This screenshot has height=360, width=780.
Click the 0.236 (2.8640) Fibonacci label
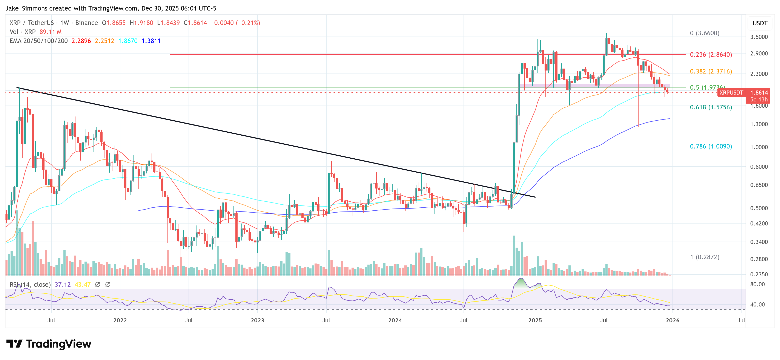(711, 55)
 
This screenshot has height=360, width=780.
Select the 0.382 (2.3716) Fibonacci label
(711, 71)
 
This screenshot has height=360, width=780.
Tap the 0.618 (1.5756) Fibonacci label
(711, 107)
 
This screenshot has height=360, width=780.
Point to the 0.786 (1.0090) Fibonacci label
(711, 146)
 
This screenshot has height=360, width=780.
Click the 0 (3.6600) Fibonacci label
(704, 33)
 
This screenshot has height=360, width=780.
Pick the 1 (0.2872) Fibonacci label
(704, 257)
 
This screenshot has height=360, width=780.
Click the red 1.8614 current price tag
(759, 93)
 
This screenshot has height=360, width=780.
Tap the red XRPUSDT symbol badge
(731, 93)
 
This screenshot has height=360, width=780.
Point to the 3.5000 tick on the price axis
(759, 37)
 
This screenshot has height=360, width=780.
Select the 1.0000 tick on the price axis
(759, 147)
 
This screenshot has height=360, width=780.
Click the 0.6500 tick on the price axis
(759, 185)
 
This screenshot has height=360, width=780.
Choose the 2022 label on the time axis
(120, 320)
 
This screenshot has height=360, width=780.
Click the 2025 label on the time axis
(535, 320)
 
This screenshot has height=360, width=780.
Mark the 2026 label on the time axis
(672, 320)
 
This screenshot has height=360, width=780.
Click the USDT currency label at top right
(760, 23)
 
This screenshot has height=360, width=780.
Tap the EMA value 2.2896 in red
(81, 41)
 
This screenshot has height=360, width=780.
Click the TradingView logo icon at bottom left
(14, 344)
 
